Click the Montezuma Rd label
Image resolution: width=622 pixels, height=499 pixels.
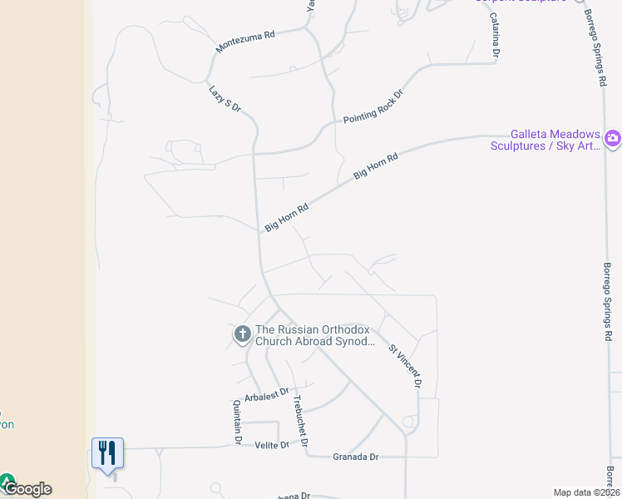point(245,42)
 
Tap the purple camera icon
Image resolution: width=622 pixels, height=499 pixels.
point(613,138)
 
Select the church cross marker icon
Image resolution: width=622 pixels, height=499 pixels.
point(242,334)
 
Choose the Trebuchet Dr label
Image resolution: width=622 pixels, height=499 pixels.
point(300,413)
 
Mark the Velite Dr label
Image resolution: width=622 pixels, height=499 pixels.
point(271,445)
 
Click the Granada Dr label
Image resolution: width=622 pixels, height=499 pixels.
point(355,457)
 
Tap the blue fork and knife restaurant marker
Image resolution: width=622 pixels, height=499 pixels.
point(107,453)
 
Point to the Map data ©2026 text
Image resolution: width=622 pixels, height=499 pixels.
point(586,492)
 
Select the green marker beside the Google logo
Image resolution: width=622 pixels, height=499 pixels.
point(7,482)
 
